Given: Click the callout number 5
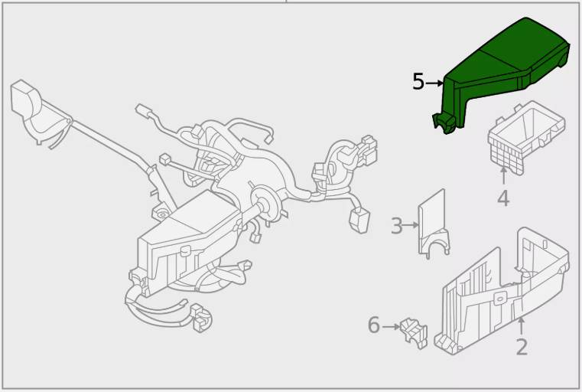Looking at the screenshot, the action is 418,82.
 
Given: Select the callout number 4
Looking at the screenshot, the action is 503,198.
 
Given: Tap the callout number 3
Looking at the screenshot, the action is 397,226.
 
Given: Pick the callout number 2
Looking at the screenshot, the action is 522,348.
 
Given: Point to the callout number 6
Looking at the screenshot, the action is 374,325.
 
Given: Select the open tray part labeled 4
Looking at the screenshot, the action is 526,138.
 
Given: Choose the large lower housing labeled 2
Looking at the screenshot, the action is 502,291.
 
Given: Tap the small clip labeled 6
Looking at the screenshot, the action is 414,333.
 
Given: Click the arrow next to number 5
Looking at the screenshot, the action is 434,83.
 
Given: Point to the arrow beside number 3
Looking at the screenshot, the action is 411,225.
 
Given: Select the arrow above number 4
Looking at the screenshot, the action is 503,175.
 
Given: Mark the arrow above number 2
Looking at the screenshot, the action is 522,326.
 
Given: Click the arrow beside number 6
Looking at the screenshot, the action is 392,327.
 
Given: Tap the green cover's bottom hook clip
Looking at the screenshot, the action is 444,123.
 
